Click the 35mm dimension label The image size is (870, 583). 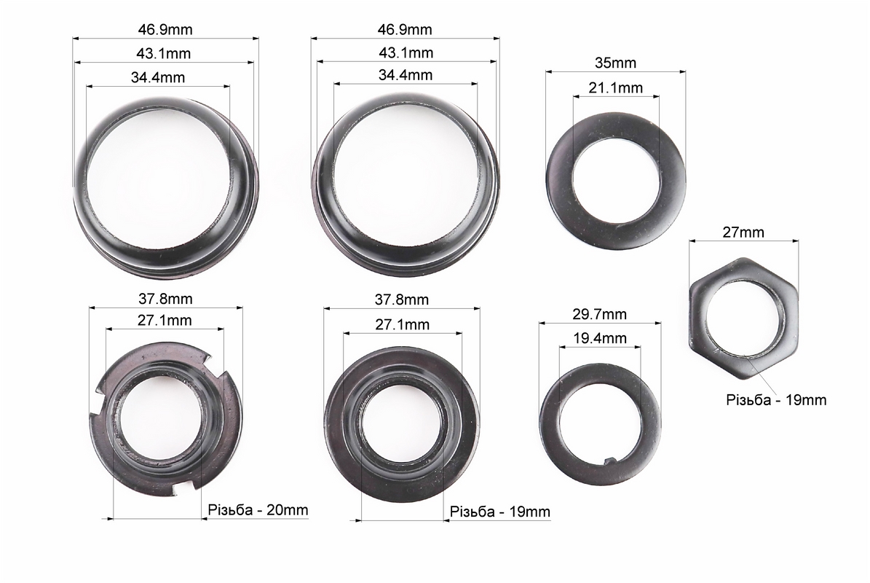[x=615, y=63]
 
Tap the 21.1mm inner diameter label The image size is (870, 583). [x=615, y=87]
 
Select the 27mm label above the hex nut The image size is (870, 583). [x=743, y=232]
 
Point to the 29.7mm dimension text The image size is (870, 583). [x=599, y=314]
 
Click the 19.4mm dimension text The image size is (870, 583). [x=599, y=338]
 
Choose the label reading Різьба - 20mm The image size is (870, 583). [x=258, y=509]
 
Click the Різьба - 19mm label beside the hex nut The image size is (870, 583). [x=776, y=400]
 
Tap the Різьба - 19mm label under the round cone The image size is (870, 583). [x=500, y=512]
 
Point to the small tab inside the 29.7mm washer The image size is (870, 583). [x=610, y=460]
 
